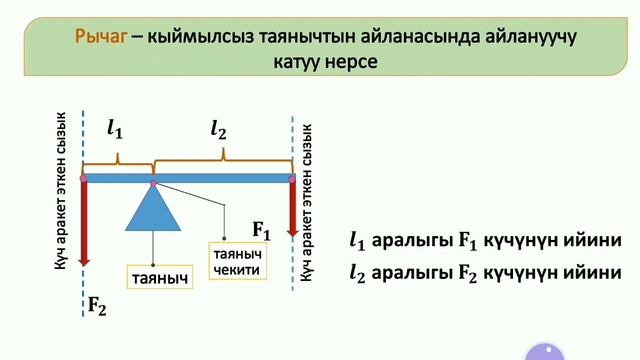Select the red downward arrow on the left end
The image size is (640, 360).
tap(84, 225)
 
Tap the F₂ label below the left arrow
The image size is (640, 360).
tap(97, 307)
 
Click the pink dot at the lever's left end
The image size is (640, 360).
tap(84, 179)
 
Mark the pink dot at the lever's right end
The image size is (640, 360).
tap(292, 179)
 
